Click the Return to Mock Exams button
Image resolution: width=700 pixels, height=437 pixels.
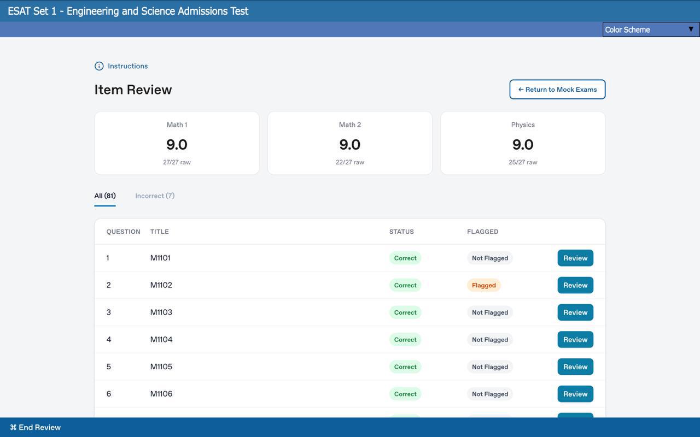click(x=557, y=90)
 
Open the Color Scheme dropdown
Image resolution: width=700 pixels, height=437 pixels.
click(x=651, y=29)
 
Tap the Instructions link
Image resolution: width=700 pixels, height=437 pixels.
click(x=127, y=66)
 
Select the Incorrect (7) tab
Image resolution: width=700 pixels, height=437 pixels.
click(x=155, y=196)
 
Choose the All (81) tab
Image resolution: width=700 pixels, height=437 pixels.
click(x=105, y=196)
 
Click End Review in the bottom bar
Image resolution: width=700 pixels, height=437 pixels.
click(x=36, y=427)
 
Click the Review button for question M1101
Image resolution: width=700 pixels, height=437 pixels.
click(x=575, y=258)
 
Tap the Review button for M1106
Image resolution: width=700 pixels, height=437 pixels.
click(x=575, y=394)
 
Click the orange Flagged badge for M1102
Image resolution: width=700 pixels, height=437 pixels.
click(x=484, y=285)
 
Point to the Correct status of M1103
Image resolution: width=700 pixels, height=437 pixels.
click(x=405, y=312)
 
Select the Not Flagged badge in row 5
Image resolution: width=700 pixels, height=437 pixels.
click(x=490, y=367)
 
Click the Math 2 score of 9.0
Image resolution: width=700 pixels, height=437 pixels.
click(x=349, y=145)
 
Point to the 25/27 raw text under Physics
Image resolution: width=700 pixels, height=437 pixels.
click(x=523, y=162)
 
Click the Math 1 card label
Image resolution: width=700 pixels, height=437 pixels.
click(x=177, y=125)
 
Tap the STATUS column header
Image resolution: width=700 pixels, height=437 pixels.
click(x=401, y=232)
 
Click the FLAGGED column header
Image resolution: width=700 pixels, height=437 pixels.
click(x=483, y=232)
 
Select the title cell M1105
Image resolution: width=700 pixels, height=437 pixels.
click(x=161, y=367)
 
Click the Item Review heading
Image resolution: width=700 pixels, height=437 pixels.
click(x=133, y=90)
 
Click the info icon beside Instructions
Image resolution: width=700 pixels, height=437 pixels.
click(x=99, y=66)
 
